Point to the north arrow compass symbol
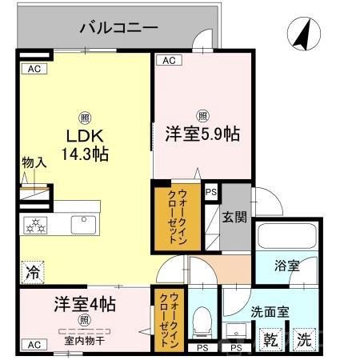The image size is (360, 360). pos(303,34)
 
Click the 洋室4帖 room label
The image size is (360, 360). pos(86,305)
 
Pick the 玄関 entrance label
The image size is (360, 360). pos(235,215)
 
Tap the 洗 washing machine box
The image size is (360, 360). pos(303,338)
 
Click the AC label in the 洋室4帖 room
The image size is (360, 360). pos(34,344)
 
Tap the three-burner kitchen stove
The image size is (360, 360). pos(37,224)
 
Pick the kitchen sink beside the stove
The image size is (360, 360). pos(82,225)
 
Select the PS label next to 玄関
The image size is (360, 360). pos(211,192)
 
